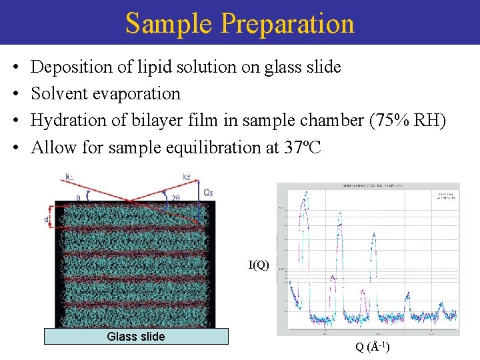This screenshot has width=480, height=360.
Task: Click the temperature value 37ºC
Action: (301, 147)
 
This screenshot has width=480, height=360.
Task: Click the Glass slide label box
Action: (136, 337)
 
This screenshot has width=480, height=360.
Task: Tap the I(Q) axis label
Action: (259, 265)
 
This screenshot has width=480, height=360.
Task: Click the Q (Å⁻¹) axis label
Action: (373, 347)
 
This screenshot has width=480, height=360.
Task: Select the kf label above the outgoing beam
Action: (187, 177)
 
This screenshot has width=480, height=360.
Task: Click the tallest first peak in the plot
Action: (305, 197)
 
